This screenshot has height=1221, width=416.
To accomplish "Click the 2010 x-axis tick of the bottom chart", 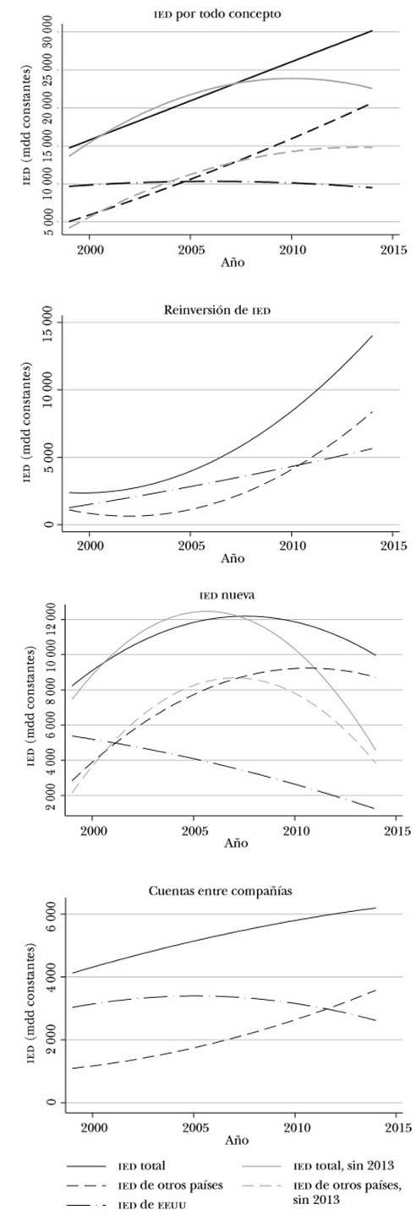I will click(x=293, y=1126).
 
